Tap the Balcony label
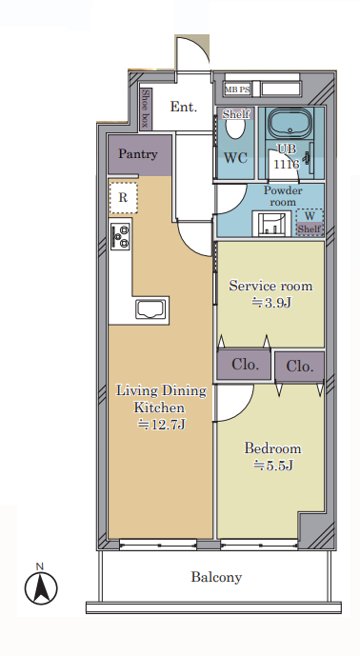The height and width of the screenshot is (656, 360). coord(216,577)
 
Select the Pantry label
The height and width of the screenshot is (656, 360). coord(138,154)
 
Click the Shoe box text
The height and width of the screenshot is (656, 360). coord(146,109)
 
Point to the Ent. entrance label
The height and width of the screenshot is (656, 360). coord(184,107)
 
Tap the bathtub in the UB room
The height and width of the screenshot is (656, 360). coord(290,123)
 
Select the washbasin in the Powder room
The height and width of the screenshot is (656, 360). coord(272,224)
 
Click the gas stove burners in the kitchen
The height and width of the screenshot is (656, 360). coord(120,236)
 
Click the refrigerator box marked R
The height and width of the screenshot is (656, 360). coord(123,198)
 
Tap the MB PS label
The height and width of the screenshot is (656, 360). coord(237,89)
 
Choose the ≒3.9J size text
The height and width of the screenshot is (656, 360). coord(270,302)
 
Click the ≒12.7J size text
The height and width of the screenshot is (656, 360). coord(162,425)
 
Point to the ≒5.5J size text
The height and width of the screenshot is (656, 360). coord(272,465)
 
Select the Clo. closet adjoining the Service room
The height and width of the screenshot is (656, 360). coord(244,365)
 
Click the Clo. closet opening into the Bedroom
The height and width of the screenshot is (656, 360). coord(300,367)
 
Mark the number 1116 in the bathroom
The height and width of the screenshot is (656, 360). coord(287,164)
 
